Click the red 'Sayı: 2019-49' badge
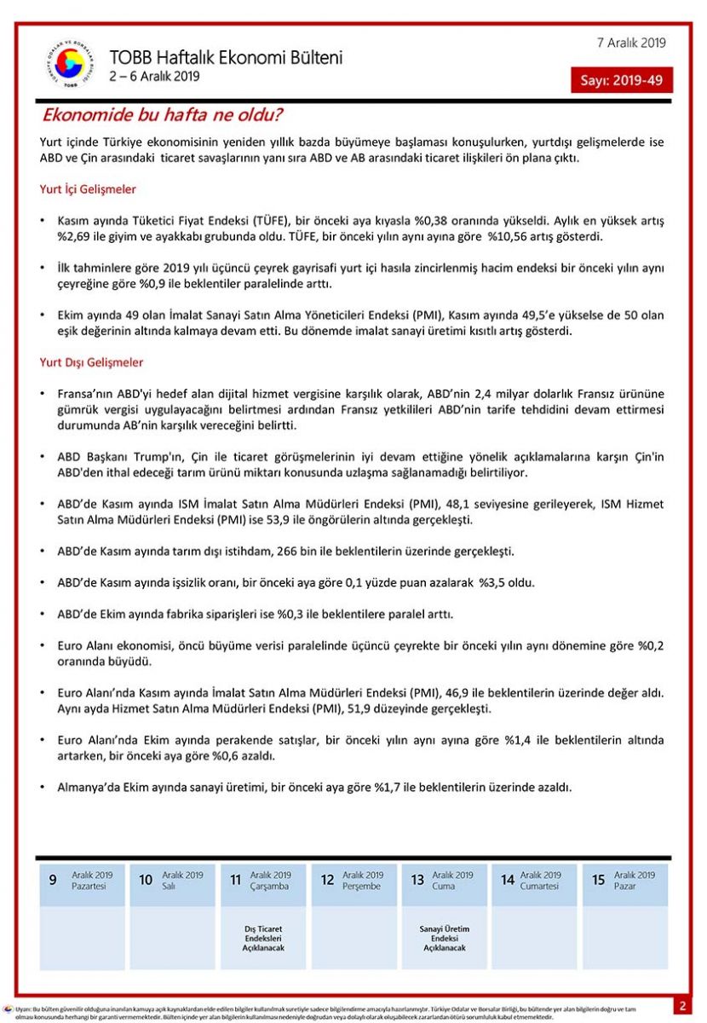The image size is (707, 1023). pyautogui.click(x=622, y=80)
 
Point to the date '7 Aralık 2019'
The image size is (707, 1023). pyautogui.click(x=632, y=43)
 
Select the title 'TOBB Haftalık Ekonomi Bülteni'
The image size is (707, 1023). pyautogui.click(x=226, y=58)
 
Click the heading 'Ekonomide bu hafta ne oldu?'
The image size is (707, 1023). pyautogui.click(x=163, y=115)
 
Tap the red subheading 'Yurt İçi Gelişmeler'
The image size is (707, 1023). pyautogui.click(x=88, y=189)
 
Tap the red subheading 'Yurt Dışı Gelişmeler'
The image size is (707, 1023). pyautogui.click(x=91, y=362)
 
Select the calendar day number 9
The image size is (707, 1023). pyautogui.click(x=53, y=881)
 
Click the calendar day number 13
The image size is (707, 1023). pyautogui.click(x=417, y=881)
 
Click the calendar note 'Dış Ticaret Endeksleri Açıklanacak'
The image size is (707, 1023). pyautogui.click(x=263, y=938)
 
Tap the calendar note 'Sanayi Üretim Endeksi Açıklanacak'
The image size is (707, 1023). pyautogui.click(x=445, y=938)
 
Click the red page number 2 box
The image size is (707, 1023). pyautogui.click(x=682, y=1006)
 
